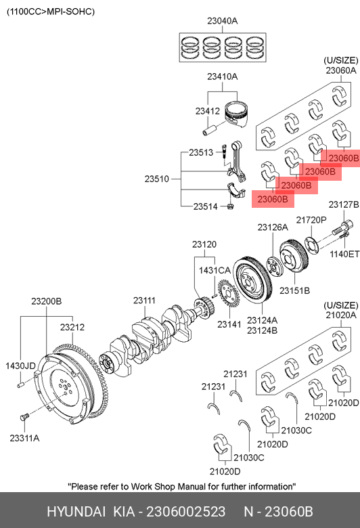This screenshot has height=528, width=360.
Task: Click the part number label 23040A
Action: [222, 21]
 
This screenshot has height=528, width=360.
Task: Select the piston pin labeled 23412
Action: [210, 129]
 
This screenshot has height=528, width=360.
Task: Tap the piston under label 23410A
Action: [236, 114]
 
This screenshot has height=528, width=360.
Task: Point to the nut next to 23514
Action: [230, 206]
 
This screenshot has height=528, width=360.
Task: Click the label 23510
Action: [156, 179]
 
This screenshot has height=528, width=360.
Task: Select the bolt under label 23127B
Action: [342, 227]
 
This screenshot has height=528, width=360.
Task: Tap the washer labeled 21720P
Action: [311, 246]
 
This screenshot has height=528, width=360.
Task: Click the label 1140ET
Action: [344, 254]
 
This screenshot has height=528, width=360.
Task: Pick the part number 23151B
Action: [294, 290]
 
